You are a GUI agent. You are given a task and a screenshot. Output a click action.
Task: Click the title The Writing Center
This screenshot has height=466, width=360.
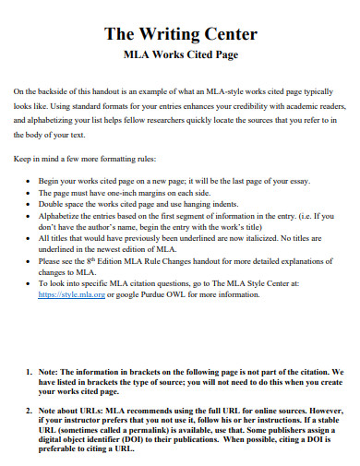point(179,36)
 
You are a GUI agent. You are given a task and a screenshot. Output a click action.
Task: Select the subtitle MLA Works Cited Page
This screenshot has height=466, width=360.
point(179,55)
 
